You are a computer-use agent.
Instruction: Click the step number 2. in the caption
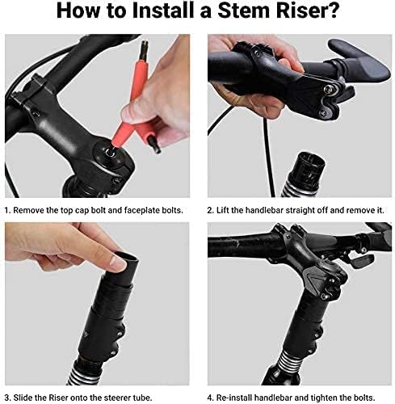point(211,210)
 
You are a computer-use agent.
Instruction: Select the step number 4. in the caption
point(211,398)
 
